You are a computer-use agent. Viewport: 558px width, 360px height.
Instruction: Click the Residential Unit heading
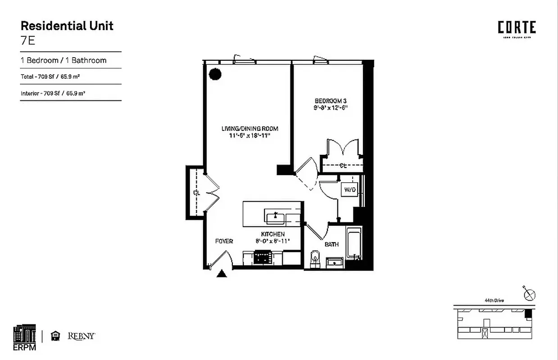[x=67, y=26]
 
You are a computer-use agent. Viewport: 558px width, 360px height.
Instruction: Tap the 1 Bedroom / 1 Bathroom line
[x=64, y=60]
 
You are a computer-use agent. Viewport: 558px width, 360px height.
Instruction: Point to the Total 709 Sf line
[x=50, y=76]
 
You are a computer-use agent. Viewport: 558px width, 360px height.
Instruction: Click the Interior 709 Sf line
[x=53, y=94]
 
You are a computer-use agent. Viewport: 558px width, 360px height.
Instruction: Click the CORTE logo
[x=517, y=28]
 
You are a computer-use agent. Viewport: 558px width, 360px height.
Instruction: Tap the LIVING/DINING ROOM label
[x=250, y=129]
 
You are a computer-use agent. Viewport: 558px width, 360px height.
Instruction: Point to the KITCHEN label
[x=273, y=234]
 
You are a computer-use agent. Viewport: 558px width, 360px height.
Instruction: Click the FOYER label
[x=224, y=241]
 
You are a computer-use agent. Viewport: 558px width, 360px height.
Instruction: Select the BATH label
[x=331, y=244]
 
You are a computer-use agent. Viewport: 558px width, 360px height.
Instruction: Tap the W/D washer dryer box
[x=350, y=190]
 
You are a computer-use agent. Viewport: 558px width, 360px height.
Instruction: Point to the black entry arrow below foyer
[x=221, y=274]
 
